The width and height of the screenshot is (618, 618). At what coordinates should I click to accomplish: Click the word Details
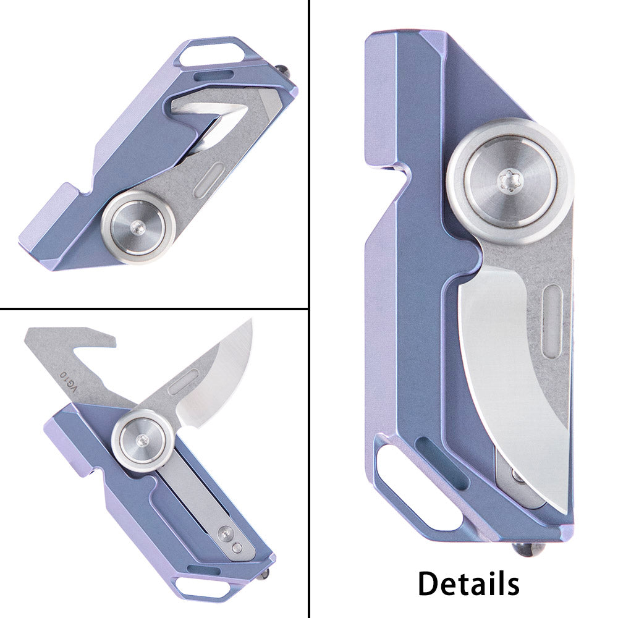(468, 583)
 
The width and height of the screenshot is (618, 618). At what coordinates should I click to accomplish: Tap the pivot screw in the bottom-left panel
(142, 440)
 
